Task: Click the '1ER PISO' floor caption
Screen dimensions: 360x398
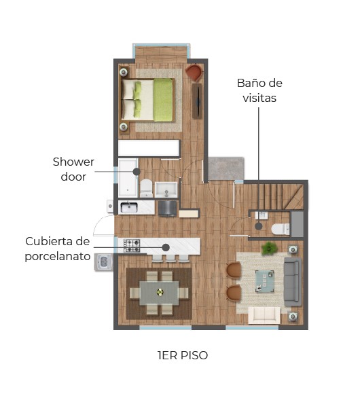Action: point(183,355)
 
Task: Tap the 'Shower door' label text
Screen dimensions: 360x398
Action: point(73,169)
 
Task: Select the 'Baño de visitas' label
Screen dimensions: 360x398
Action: point(259,90)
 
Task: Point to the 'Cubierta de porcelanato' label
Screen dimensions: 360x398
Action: point(58,249)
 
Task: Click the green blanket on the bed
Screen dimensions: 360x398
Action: point(163,100)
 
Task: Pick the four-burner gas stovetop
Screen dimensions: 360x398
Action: point(132,245)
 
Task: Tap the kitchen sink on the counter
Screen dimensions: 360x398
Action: point(129,207)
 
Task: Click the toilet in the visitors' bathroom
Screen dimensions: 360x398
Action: point(281,229)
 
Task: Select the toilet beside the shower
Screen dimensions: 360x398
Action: point(147,188)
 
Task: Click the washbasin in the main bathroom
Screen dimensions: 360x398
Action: point(166,189)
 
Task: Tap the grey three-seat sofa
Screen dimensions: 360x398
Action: point(293,282)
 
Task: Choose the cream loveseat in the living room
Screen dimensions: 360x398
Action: point(264,315)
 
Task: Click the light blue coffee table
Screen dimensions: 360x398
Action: point(265,281)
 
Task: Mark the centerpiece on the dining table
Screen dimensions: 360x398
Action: point(160,292)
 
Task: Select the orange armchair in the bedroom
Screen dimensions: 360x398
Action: point(194,73)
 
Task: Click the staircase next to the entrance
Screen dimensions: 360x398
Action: point(281,197)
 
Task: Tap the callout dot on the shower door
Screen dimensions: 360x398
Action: point(137,172)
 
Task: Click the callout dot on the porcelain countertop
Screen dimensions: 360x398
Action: point(166,247)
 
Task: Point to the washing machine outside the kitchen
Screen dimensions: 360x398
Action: point(103,262)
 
